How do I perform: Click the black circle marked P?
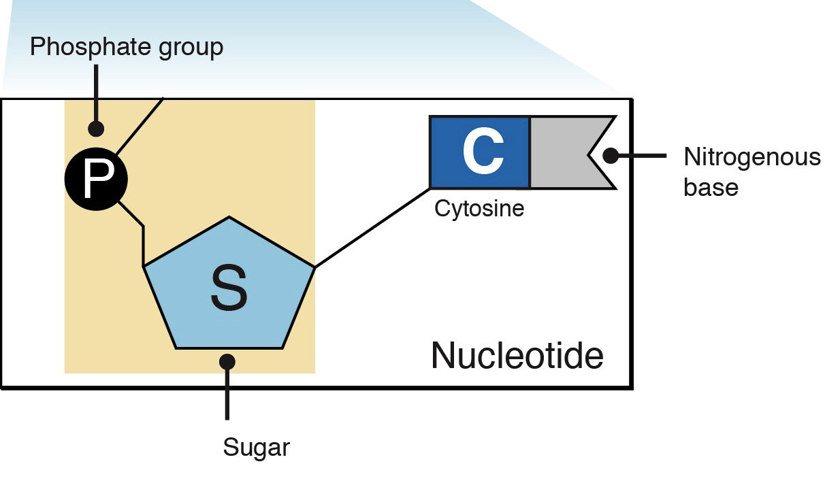tap(95, 178)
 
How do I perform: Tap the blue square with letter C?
tap(480, 152)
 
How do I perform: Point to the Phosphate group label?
tap(127, 47)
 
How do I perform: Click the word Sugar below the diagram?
tap(257, 448)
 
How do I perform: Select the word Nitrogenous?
tap(752, 158)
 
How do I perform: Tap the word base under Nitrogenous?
tap(711, 186)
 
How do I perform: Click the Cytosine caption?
tap(479, 207)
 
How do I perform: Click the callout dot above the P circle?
tap(96, 127)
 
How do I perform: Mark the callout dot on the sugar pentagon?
tap(227, 361)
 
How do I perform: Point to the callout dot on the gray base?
tap(611, 156)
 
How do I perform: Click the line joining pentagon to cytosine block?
tap(371, 227)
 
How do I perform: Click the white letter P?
tap(96, 179)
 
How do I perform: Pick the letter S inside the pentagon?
tap(229, 289)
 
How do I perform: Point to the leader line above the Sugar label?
tap(227, 398)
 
